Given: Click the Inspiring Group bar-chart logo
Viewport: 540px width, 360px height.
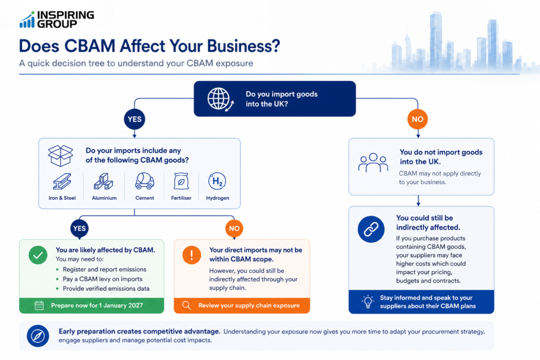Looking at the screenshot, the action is click(27, 20).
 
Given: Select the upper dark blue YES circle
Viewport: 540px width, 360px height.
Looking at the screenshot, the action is click(134, 119).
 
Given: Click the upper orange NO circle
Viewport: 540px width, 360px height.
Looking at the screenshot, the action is click(418, 119).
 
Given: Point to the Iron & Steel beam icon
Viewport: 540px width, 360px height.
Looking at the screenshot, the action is click(62, 181).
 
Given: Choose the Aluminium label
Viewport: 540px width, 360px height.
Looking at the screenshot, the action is click(104, 198).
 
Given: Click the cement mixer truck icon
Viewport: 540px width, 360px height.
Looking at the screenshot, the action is click(144, 181).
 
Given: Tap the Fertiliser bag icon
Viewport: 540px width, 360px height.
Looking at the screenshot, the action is click(181, 181).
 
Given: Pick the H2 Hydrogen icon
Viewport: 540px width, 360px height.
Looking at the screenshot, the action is click(217, 181).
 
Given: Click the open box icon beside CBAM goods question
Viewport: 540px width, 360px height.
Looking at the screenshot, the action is click(61, 155).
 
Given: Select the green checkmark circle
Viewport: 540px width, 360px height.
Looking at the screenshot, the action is click(38, 255).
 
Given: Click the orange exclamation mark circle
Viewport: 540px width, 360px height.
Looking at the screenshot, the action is click(191, 255).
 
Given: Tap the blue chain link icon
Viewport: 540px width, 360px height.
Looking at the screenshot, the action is click(371, 229).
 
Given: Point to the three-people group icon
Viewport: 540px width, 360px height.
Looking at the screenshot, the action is click(373, 163).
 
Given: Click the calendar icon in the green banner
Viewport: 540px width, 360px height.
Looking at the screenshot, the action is click(39, 306).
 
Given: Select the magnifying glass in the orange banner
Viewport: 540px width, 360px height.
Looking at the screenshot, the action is click(187, 306).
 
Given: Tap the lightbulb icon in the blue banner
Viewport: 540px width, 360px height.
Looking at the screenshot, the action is click(368, 301).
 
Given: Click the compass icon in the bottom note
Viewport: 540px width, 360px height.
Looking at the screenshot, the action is click(38, 336).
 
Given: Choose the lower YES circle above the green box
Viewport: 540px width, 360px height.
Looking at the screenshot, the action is click(80, 229).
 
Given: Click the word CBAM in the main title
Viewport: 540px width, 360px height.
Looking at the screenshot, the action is click(90, 46).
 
